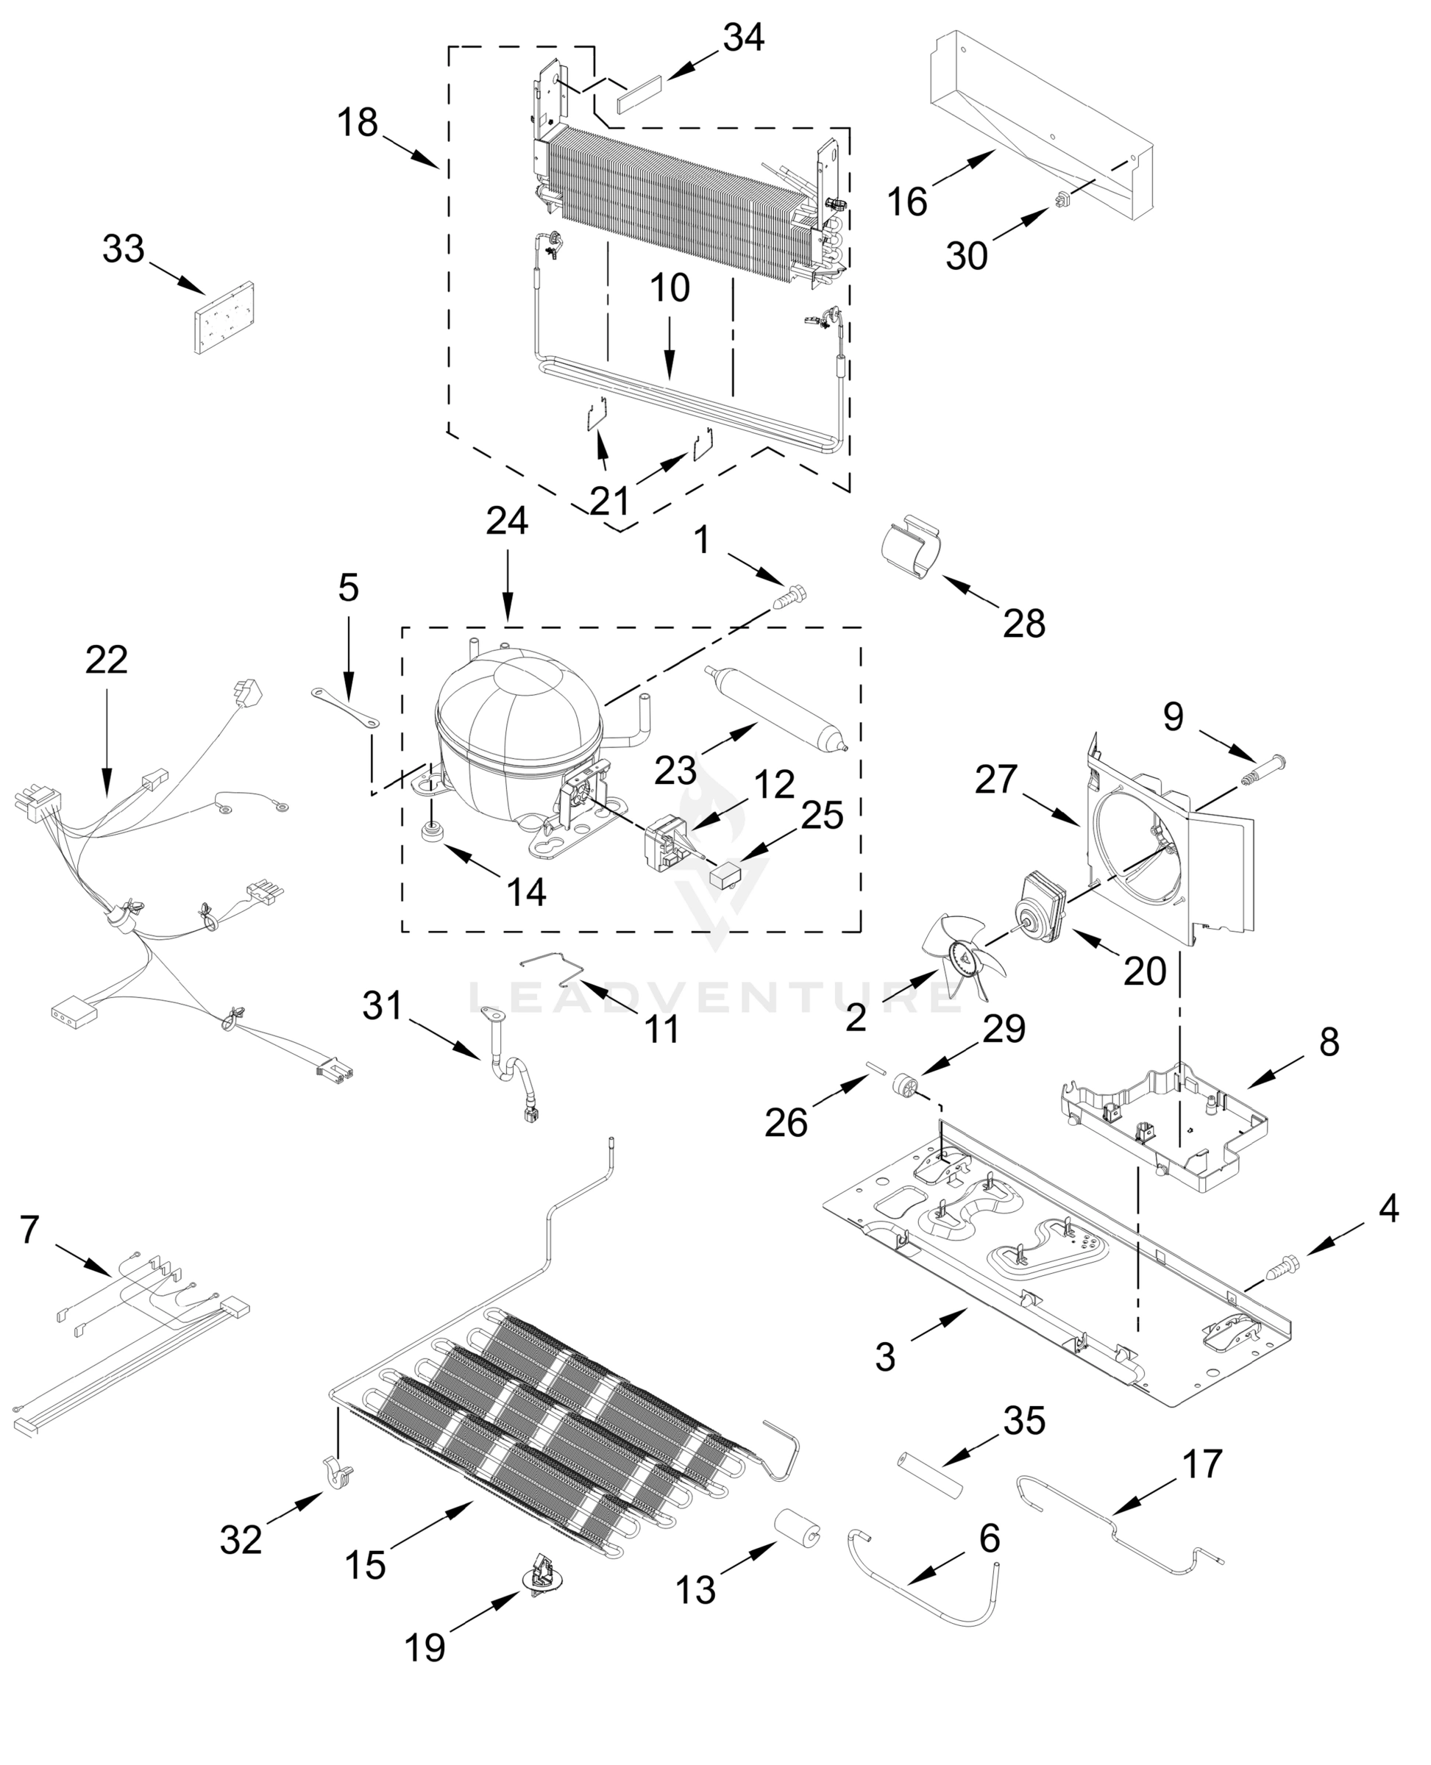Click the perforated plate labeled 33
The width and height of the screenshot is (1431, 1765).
pos(224,319)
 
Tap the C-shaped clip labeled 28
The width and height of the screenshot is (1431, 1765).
pos(912,547)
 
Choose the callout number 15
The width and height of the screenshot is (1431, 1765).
pos(365,1564)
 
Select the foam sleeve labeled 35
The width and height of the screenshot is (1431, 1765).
pos(930,1480)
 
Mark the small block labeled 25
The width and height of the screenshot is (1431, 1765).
pos(725,875)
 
